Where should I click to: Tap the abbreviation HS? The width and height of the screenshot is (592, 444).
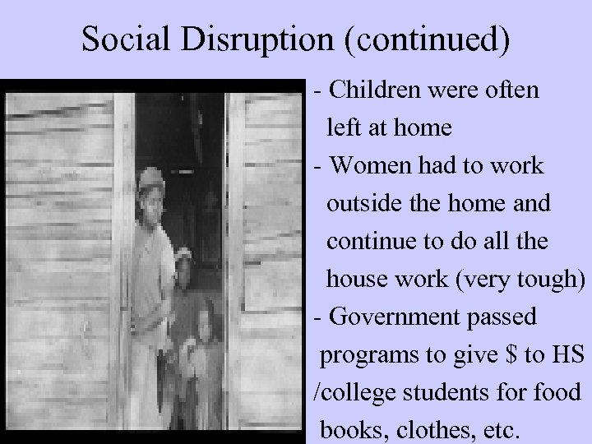tap(566, 354)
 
